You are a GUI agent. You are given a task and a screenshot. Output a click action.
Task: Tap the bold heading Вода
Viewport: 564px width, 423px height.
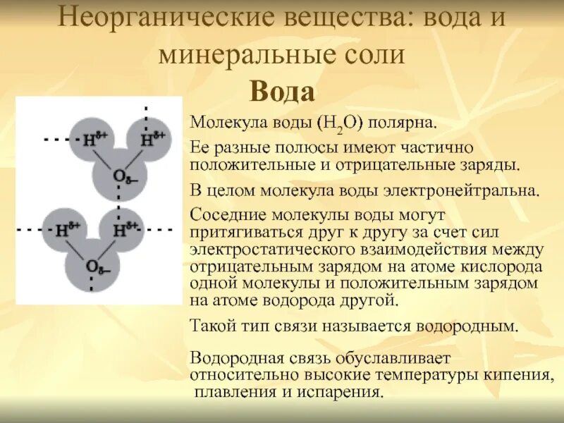[x=282, y=92]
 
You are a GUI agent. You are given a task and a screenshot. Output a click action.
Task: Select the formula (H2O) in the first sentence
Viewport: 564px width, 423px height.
[x=339, y=123]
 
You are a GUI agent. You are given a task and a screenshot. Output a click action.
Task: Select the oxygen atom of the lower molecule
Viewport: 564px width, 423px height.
[x=92, y=266]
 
